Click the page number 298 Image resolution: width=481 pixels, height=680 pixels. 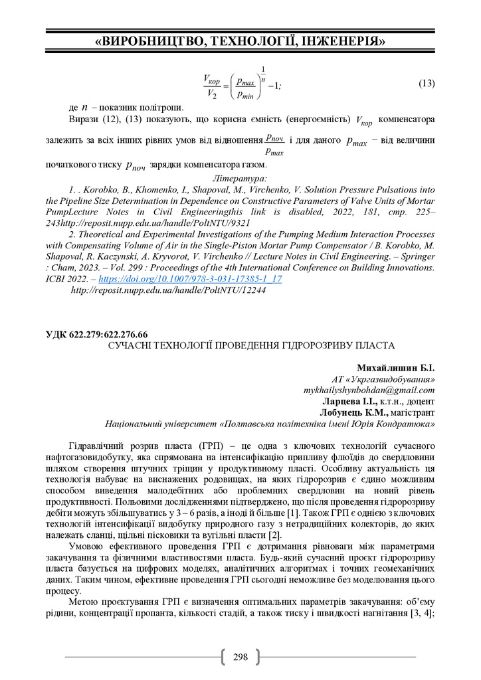(x=240, y=657)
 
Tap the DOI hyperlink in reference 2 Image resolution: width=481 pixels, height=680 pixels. (x=190, y=279)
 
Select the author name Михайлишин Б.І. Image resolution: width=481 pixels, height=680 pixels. (x=395, y=368)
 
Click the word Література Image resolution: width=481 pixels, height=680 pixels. (x=239, y=179)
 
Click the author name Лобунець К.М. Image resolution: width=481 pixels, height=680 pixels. (x=353, y=412)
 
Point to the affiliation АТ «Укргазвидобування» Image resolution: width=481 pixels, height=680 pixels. (x=383, y=379)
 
